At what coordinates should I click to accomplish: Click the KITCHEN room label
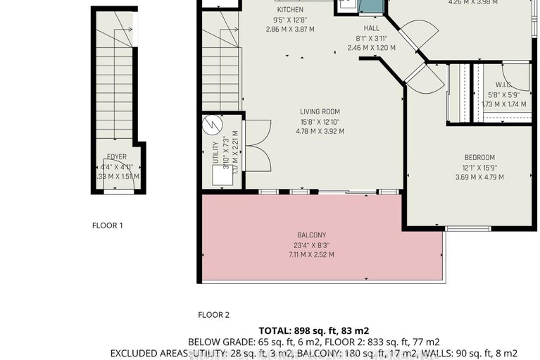(290, 10)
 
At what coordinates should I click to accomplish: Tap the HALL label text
(371, 29)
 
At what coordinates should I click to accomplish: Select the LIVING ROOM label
(320, 111)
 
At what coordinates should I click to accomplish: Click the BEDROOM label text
(479, 157)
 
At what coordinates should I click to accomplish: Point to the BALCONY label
(310, 235)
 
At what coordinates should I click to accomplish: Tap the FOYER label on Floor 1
(117, 157)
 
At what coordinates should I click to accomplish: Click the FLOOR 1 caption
(108, 226)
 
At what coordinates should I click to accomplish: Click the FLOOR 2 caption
(213, 315)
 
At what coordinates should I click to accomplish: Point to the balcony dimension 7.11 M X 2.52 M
(310, 254)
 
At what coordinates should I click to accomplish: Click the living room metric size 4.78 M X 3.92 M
(320, 130)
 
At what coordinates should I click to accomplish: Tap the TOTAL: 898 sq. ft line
(314, 330)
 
